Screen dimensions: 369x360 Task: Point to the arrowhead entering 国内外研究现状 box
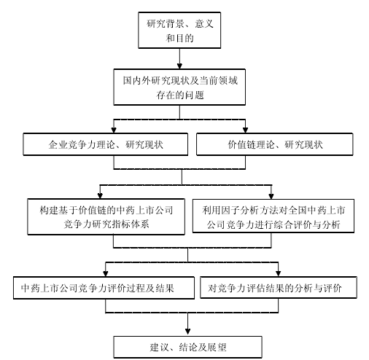(179, 66)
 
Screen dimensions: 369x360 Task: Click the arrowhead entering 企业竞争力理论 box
(114, 130)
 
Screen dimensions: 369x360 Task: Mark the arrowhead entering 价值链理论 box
(245, 130)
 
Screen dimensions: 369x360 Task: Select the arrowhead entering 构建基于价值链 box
(100, 196)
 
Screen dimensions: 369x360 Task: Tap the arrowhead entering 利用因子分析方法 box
(271, 196)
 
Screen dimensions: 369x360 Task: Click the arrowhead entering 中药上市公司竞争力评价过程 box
(106, 273)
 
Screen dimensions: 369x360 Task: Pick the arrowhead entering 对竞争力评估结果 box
(279, 273)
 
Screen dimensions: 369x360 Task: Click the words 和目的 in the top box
(179, 38)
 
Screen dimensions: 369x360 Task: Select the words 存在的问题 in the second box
(180, 95)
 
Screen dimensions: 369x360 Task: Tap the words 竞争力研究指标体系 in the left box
(106, 224)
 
